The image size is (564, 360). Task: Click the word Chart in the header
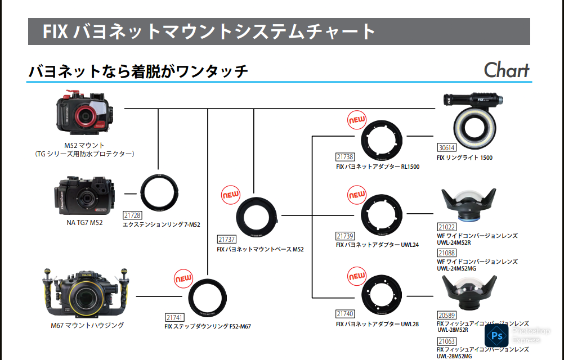coord(507,70)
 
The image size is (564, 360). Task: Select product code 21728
coord(132,215)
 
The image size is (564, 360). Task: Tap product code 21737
coord(226,239)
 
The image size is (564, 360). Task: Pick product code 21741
coord(174,317)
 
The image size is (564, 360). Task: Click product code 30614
coord(446,148)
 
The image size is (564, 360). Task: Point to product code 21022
coord(446,227)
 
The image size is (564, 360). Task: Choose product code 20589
coord(446,316)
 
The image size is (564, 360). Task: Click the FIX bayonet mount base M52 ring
coord(258,217)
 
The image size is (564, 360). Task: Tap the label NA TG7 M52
coord(84,223)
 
